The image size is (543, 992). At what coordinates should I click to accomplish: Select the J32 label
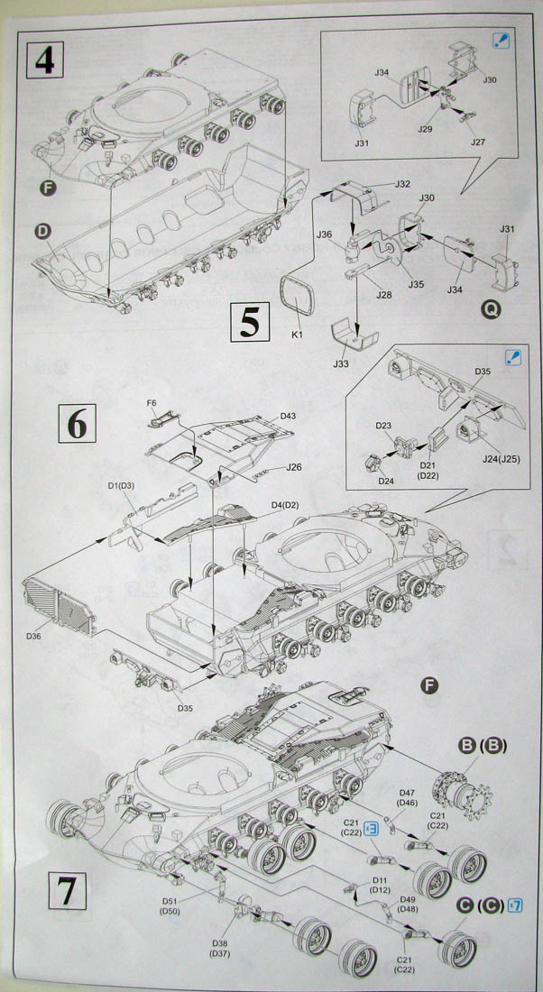click(x=402, y=184)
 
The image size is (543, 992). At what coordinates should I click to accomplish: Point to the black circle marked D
click(x=41, y=231)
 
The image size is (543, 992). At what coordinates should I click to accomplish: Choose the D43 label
click(x=288, y=415)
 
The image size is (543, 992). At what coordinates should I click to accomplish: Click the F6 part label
click(x=151, y=403)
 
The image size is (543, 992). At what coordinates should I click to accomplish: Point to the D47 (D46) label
click(x=406, y=797)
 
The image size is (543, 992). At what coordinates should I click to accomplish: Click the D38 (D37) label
click(x=219, y=947)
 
